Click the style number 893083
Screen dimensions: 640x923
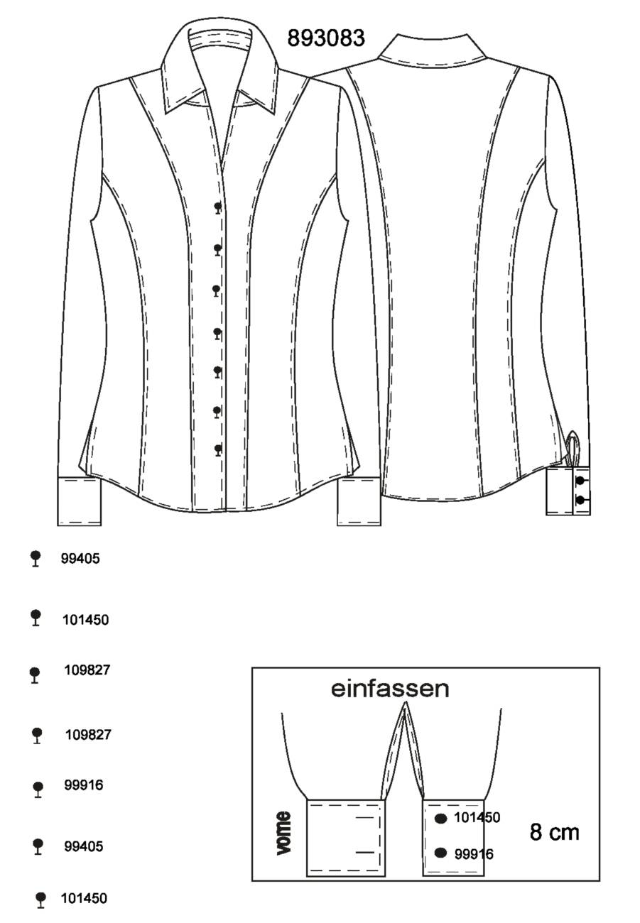[326, 38]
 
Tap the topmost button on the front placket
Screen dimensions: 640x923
[217, 207]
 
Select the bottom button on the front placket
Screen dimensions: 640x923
[217, 450]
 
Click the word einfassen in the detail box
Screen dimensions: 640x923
[390, 689]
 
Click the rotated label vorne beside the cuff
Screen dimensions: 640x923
[283, 833]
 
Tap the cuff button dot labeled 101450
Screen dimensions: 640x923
[441, 819]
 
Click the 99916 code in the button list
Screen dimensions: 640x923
[84, 785]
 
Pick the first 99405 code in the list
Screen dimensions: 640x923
[80, 558]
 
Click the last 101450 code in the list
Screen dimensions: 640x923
[84, 898]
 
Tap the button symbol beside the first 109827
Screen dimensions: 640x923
[35, 675]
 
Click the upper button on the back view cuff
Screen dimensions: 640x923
[580, 480]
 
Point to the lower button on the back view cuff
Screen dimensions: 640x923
[580, 501]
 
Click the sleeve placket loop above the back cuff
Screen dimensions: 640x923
[573, 449]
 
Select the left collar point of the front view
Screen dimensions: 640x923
[166, 113]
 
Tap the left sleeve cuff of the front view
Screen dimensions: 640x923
[79, 501]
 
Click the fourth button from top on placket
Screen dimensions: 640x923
[217, 333]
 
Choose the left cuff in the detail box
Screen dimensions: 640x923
[345, 837]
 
